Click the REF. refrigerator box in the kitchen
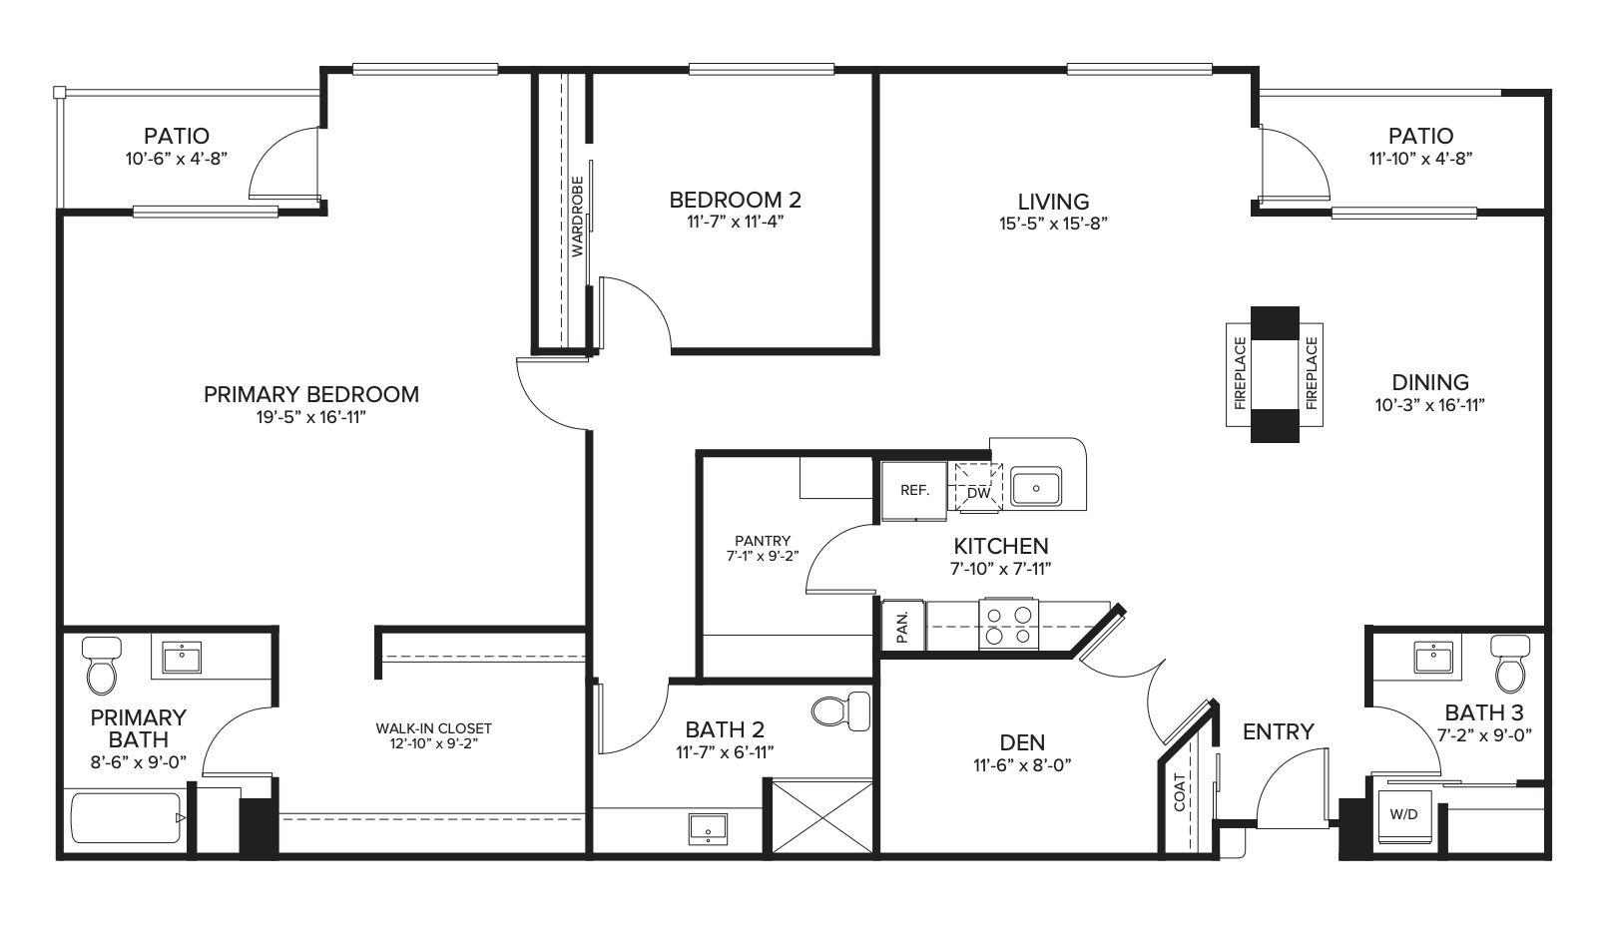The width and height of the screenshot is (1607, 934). (914, 491)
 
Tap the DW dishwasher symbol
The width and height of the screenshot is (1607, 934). (978, 488)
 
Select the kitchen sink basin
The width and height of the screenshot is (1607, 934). (1036, 488)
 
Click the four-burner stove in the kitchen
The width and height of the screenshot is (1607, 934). (1009, 624)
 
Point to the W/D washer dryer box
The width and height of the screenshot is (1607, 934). (1404, 815)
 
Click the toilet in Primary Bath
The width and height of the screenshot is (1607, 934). (101, 666)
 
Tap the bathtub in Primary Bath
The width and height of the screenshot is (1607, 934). (126, 818)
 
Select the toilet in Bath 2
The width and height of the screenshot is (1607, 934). (840, 711)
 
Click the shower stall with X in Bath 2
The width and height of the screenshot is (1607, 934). (822, 816)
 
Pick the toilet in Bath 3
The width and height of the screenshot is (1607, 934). (1510, 665)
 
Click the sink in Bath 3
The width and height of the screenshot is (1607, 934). (1433, 658)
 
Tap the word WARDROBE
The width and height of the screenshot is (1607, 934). (578, 217)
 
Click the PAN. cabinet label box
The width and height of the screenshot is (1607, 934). (903, 626)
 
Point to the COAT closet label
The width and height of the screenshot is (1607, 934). (1180, 792)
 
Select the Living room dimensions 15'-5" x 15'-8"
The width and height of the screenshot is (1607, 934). (1053, 224)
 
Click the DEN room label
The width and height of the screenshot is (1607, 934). (1022, 742)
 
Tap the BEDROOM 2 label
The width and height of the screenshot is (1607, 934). (736, 200)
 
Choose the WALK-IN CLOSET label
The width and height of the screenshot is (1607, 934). (434, 728)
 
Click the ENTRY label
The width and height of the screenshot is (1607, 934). (1279, 731)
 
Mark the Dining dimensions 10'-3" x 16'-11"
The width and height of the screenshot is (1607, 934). (1429, 405)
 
